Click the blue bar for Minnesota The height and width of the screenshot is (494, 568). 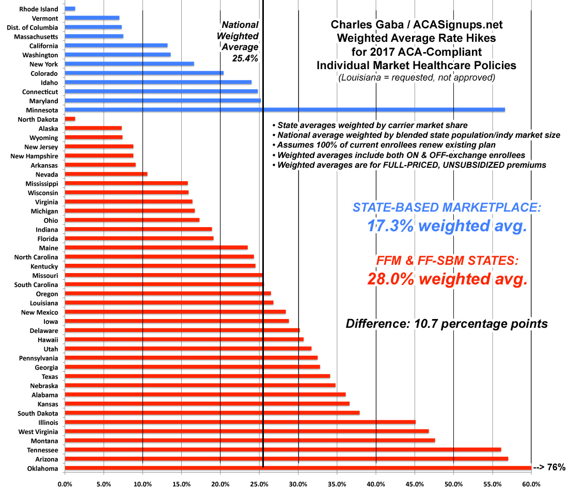click(285, 110)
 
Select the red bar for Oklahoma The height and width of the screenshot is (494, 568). click(298, 468)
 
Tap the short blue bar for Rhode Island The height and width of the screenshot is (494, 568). click(70, 9)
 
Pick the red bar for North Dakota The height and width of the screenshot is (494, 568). click(70, 119)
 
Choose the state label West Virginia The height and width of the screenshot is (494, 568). click(38, 432)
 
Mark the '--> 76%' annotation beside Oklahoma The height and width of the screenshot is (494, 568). click(550, 468)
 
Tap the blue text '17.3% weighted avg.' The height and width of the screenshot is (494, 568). click(447, 226)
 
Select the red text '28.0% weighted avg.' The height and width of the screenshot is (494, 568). click(447, 279)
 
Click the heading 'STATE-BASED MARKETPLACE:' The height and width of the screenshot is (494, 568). click(447, 208)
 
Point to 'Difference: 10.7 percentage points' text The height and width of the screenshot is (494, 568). click(447, 324)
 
